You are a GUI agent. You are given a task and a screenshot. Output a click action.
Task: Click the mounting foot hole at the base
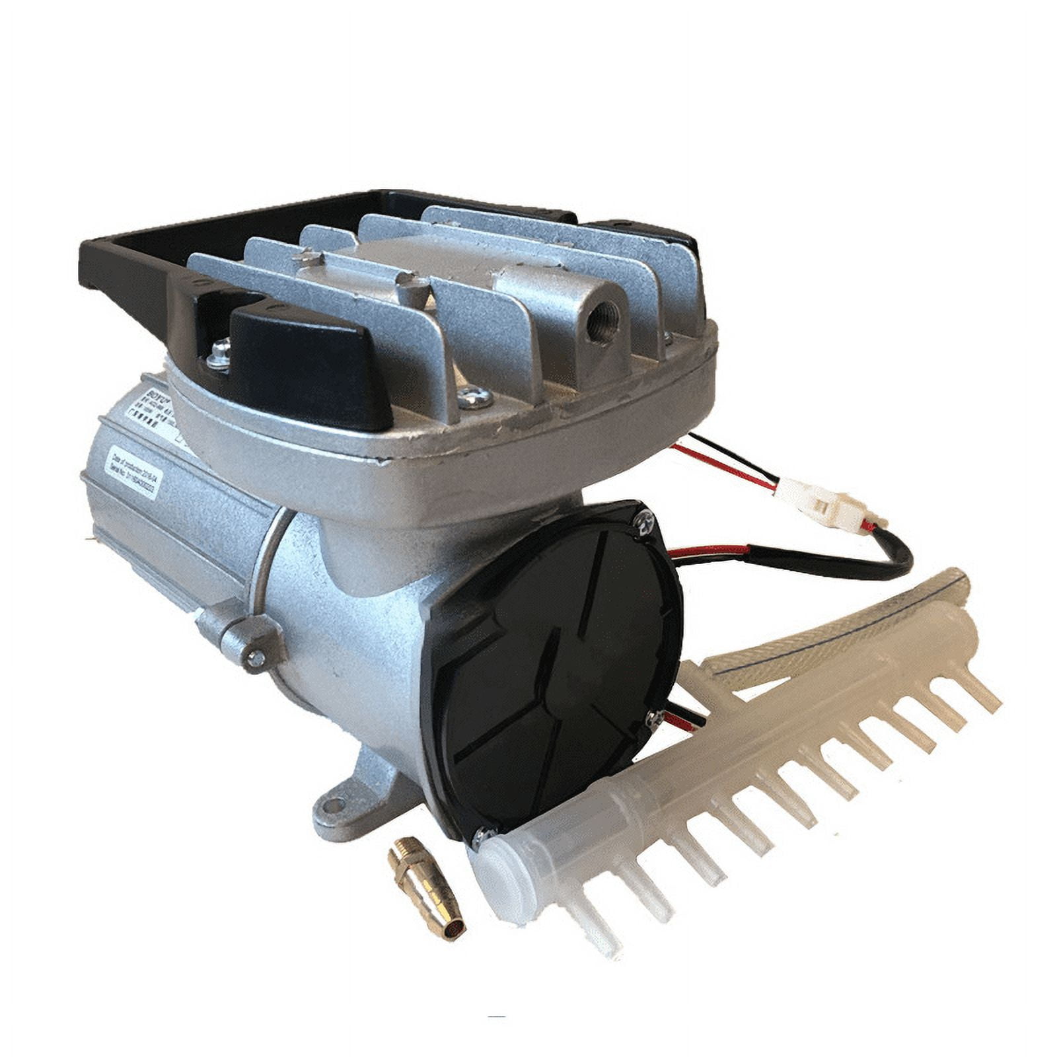click(x=335, y=805)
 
